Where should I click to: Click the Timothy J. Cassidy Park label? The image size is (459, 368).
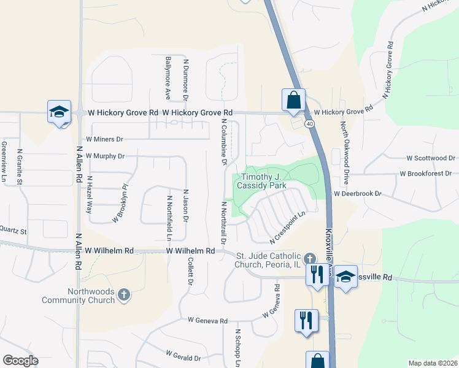pos(263,181)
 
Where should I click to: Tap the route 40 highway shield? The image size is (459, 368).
pos(311,124)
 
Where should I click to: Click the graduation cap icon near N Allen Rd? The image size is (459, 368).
pos(59,112)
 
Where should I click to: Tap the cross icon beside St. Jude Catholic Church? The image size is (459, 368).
pos(310,257)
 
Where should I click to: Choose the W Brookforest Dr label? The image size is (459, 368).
pos(425,174)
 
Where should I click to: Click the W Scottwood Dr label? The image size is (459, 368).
pos(430,158)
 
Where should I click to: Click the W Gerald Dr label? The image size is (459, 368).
pos(183,356)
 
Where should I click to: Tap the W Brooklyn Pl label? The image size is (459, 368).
pos(120,203)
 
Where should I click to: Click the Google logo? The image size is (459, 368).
pos(20,361)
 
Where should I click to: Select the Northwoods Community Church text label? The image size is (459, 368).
pos(78,296)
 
